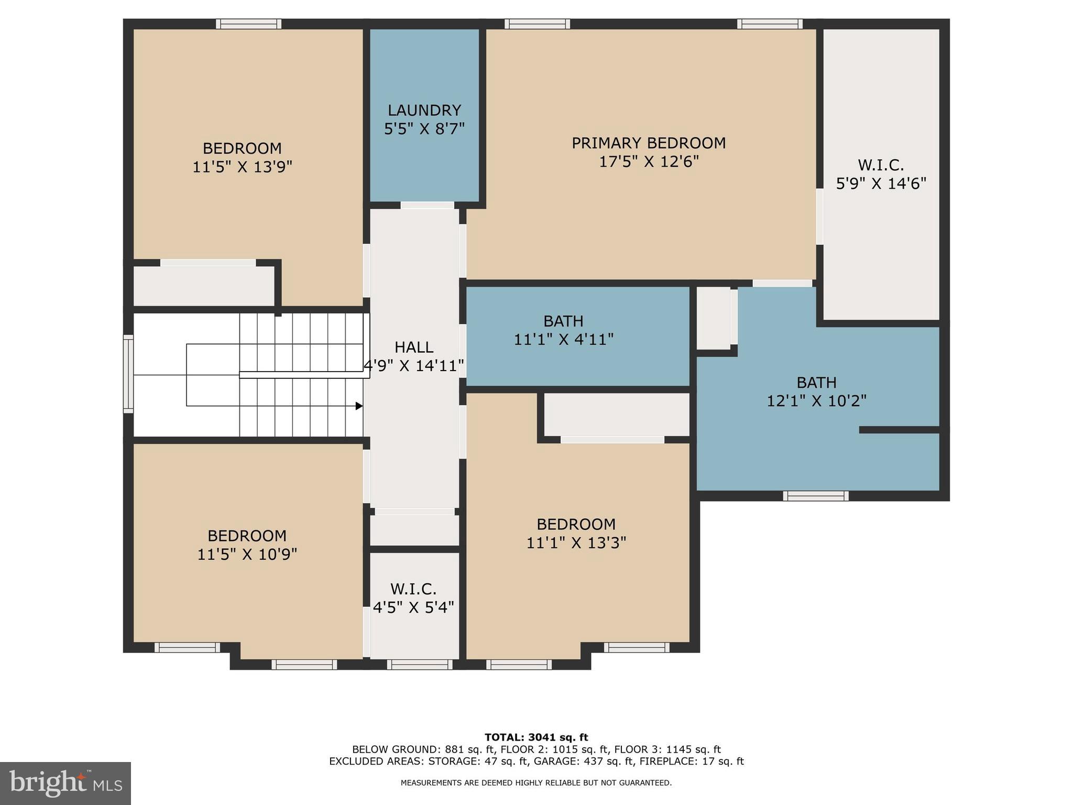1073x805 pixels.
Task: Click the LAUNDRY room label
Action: click(424, 111)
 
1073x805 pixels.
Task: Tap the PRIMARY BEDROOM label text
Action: click(648, 143)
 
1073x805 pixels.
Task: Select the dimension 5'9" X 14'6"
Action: click(881, 184)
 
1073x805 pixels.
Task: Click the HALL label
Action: click(413, 347)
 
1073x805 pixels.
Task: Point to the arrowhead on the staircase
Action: click(359, 406)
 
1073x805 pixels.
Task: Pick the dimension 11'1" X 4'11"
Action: click(563, 340)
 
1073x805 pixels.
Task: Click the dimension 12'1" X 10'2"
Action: click(816, 401)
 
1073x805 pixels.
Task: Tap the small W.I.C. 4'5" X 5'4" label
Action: click(413, 598)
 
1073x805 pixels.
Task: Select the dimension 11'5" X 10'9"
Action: click(247, 554)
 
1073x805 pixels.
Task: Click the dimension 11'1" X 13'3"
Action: click(576, 543)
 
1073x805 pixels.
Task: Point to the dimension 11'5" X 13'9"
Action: click(242, 167)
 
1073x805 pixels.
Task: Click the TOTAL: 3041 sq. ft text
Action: click(536, 737)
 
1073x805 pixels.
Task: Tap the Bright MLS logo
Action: click(65, 783)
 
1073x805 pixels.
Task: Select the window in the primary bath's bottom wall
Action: click(815, 496)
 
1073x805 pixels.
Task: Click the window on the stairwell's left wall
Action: click(128, 374)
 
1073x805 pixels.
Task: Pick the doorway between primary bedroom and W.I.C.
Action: click(819, 216)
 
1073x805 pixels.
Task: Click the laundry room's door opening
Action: click(427, 205)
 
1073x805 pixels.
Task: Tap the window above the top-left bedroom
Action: click(248, 24)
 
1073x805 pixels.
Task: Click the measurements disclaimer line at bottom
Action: click(536, 783)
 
